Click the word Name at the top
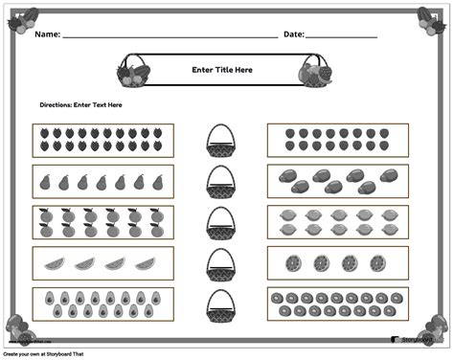click(48, 34)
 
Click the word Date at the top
click(294, 34)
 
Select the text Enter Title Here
click(221, 69)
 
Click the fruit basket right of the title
click(314, 70)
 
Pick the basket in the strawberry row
click(221, 142)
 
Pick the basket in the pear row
click(221, 181)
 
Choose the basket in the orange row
click(221, 222)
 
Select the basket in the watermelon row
click(221, 262)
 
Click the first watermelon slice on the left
click(57, 262)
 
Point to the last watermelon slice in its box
click(145, 262)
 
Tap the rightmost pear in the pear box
click(158, 182)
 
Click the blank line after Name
click(169, 36)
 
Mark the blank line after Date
click(341, 36)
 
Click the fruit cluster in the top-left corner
click(22, 18)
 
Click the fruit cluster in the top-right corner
click(430, 18)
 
